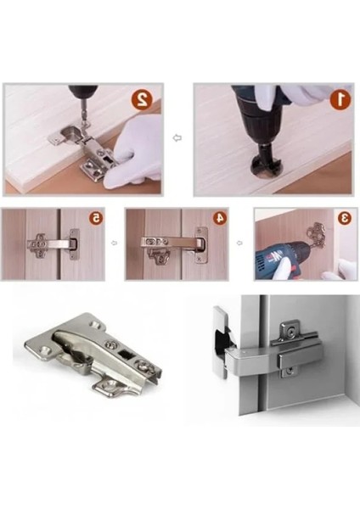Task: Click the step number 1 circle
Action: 340,99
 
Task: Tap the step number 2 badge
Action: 142,98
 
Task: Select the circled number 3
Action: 344,218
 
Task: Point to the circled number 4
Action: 220,217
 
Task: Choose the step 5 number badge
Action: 96,218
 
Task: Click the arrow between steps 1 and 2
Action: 177,138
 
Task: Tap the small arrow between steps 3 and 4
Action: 239,243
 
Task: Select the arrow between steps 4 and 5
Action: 114,243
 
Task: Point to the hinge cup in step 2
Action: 70,132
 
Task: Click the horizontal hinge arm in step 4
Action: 172,242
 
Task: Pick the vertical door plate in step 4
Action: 200,245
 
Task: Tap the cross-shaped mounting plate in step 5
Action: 37,245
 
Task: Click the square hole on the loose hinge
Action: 127,353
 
